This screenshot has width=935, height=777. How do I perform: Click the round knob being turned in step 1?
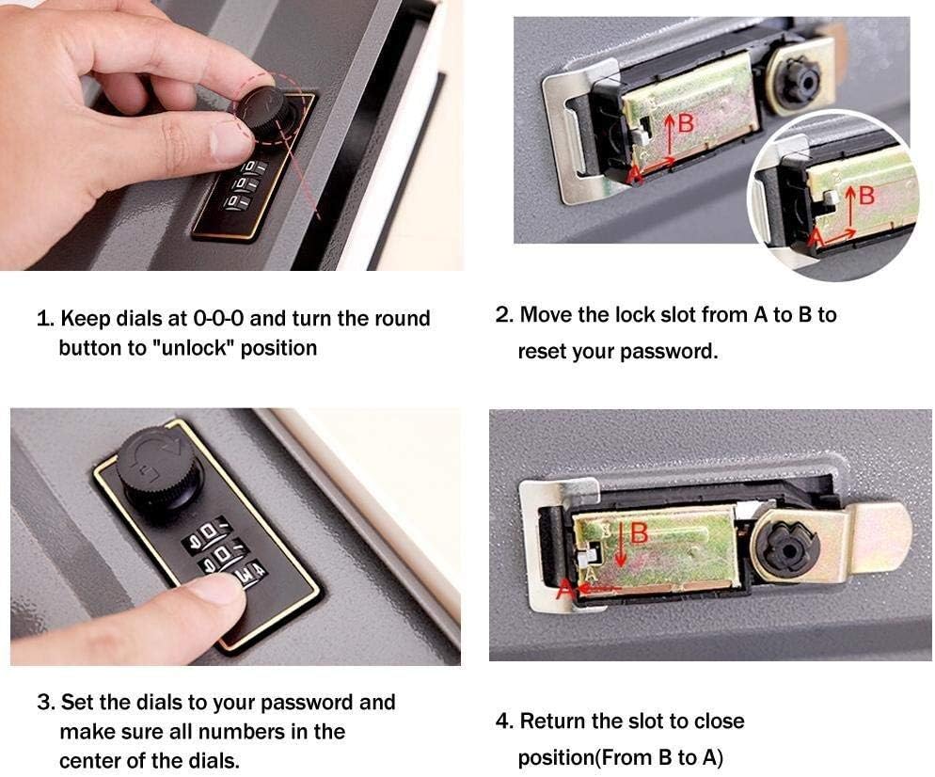click(264, 108)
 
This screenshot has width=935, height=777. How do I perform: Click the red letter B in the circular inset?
click(866, 196)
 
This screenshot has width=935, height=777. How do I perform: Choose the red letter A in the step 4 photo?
click(564, 590)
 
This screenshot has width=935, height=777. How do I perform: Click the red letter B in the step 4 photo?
click(640, 533)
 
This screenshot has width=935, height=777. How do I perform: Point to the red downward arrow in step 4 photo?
click(621, 550)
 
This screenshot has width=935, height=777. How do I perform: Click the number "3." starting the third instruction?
click(46, 703)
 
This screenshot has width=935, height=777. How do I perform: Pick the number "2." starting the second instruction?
click(504, 315)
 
